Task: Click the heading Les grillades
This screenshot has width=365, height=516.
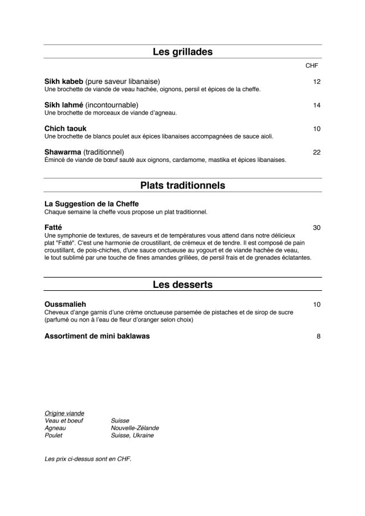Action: click(182, 52)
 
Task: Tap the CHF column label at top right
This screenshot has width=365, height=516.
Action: click(312, 66)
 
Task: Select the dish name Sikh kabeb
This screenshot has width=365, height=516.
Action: click(64, 82)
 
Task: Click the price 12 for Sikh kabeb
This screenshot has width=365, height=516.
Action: click(317, 82)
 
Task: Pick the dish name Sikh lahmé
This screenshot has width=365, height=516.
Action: click(64, 105)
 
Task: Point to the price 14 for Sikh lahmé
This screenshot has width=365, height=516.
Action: click(317, 105)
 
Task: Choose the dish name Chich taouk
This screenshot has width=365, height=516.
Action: click(66, 129)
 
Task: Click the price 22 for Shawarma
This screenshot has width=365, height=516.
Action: click(317, 152)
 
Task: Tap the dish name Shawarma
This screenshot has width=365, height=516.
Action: click(63, 152)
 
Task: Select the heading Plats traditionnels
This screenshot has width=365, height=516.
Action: click(182, 185)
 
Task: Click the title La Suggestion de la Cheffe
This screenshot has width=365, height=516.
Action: click(91, 204)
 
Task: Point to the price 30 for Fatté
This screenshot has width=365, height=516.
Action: click(317, 227)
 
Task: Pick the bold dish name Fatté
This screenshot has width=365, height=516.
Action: click(53, 227)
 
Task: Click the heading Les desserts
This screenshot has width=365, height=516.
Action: click(182, 285)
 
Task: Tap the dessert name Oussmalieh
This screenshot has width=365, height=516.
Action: click(65, 304)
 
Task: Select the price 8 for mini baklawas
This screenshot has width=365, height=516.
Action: click(318, 336)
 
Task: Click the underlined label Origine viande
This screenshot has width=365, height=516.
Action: click(64, 413)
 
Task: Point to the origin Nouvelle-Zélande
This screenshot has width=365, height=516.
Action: click(135, 428)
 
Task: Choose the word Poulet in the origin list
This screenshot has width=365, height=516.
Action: click(54, 435)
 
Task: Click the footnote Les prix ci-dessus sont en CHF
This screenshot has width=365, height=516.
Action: click(88, 458)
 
